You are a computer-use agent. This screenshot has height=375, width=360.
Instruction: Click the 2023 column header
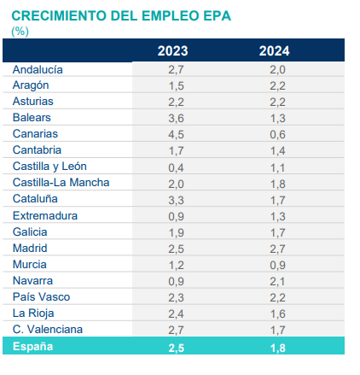pos(172,51)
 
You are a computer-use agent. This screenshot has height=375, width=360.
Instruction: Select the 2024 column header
pos(274,51)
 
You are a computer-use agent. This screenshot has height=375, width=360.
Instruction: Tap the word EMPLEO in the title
pos(169,16)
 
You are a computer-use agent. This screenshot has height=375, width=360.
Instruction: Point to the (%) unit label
pos(20,32)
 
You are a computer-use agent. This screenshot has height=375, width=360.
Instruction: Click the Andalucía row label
pos(38,70)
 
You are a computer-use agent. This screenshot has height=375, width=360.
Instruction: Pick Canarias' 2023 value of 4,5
pos(176,134)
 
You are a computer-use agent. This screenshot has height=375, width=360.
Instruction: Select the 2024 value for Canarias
pos(277,134)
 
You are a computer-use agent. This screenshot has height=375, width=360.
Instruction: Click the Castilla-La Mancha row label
pos(61,183)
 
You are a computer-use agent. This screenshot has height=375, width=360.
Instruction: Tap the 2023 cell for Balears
pos(176,118)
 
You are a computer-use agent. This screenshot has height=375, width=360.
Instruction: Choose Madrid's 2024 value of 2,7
pos(277,249)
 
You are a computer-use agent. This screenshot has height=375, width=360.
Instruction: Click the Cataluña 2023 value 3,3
pos(176,200)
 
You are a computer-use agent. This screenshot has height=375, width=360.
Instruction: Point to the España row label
pos(32,347)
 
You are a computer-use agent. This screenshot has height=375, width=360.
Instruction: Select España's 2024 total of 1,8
pos(278,348)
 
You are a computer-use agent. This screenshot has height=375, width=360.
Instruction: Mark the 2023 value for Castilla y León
pos(176,167)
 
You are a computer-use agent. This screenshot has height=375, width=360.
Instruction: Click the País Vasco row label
pos(41,297)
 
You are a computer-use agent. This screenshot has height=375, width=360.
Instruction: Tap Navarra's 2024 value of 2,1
pos(277,281)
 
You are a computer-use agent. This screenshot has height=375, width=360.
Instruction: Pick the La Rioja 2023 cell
pos(176,313)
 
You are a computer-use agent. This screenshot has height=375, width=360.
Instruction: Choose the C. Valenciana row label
pos(48,330)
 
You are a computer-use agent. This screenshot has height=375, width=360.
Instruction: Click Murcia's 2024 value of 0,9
pos(277,265)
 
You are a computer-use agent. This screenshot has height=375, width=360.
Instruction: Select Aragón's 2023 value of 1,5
pos(177,85)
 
